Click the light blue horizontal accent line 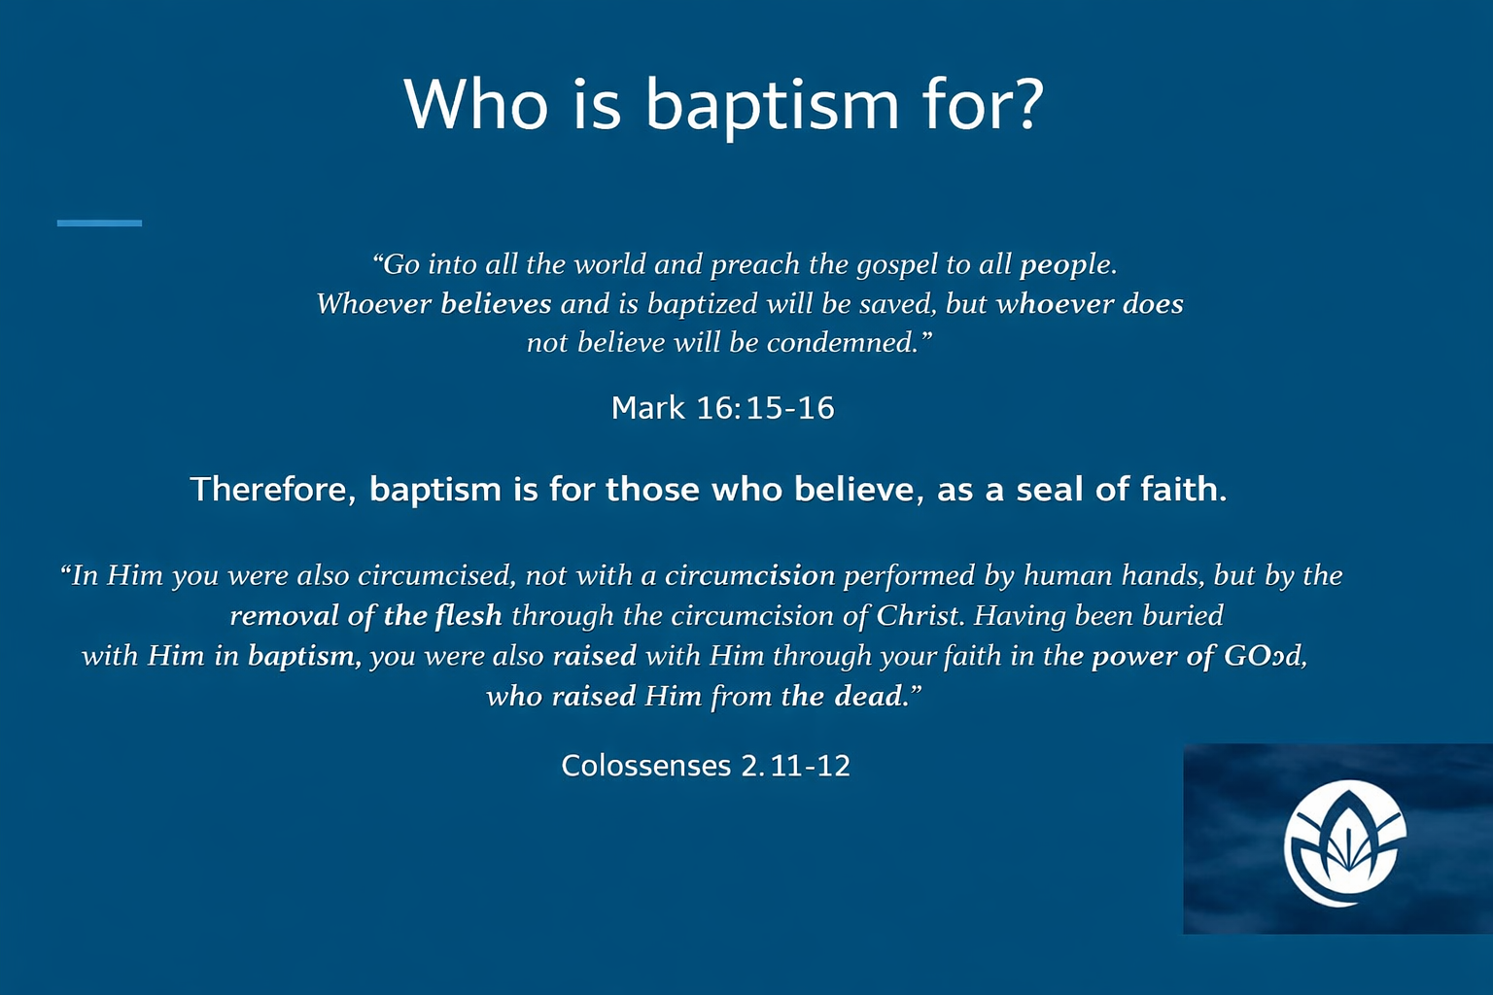(99, 223)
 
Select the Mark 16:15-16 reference (722, 408)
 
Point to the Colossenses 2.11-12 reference (706, 765)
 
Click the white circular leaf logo (1344, 843)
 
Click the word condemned (843, 343)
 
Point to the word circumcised (436, 575)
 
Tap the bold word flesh (468, 615)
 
